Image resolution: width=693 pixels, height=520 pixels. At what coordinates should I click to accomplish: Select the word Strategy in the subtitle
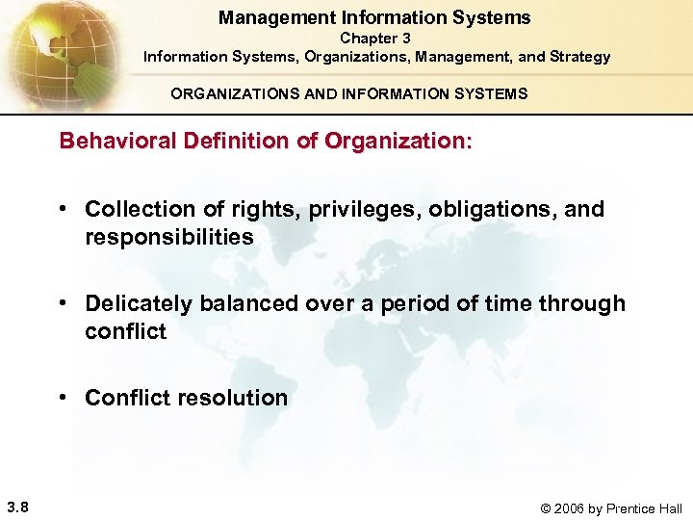tap(576, 57)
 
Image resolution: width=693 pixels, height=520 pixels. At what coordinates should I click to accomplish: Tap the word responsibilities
tap(169, 237)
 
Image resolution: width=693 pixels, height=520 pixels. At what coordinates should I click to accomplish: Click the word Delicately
tap(139, 304)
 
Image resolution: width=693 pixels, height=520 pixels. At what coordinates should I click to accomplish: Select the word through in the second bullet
tap(580, 304)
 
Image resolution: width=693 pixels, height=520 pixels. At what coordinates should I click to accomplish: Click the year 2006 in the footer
tap(579, 508)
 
